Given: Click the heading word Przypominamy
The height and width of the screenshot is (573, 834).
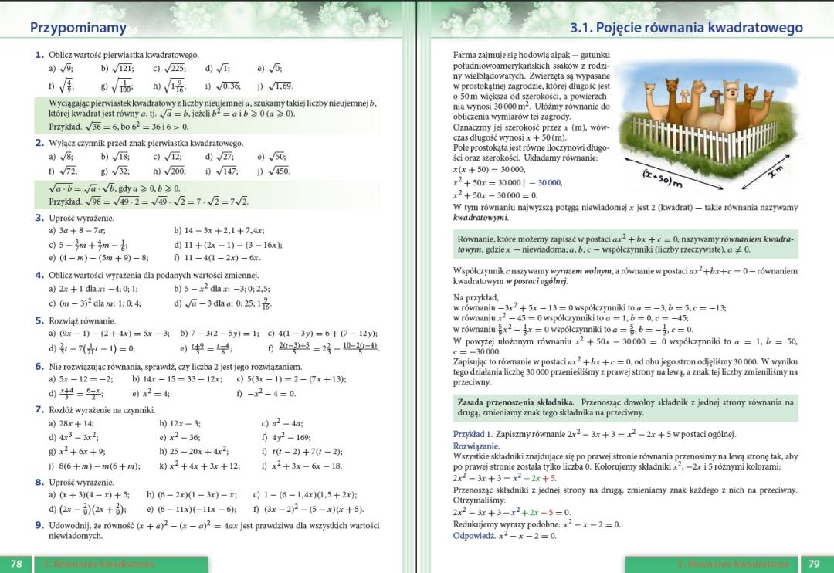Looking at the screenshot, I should point(78,28).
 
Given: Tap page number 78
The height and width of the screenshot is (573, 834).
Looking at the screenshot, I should point(16,564).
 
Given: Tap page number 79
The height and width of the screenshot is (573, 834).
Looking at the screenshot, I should point(813,564).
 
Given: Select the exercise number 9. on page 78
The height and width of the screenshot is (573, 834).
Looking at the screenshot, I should point(40,526).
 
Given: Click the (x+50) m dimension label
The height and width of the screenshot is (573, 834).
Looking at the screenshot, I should point(663,178).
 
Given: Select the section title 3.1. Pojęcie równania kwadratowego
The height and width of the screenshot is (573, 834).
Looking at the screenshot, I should point(687,28).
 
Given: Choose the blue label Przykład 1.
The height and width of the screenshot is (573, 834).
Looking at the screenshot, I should point(472,434).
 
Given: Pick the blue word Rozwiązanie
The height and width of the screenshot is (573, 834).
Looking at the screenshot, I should point(476,446).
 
